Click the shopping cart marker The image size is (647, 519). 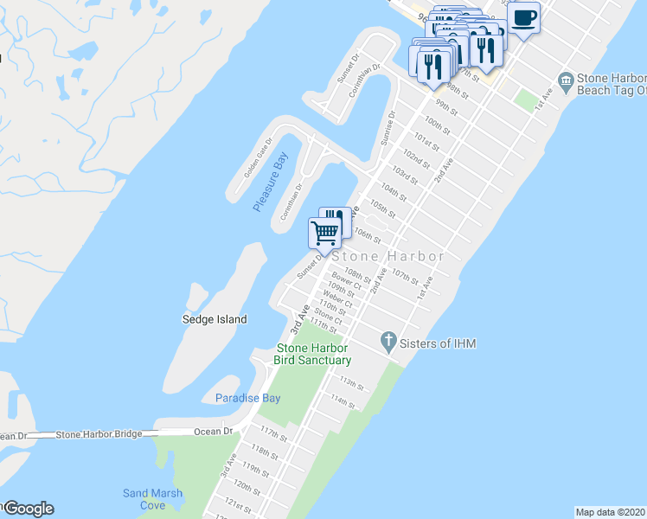(324, 232)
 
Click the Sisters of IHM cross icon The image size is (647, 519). (389, 343)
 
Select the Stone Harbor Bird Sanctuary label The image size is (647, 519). (312, 354)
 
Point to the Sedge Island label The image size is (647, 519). (214, 319)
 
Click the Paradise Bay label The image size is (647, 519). (247, 398)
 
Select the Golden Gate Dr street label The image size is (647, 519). (257, 157)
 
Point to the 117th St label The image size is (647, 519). (273, 432)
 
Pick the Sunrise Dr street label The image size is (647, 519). (387, 126)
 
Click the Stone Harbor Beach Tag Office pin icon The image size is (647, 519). (566, 82)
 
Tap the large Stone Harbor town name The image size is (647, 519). (388, 256)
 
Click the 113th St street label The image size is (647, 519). (351, 381)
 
